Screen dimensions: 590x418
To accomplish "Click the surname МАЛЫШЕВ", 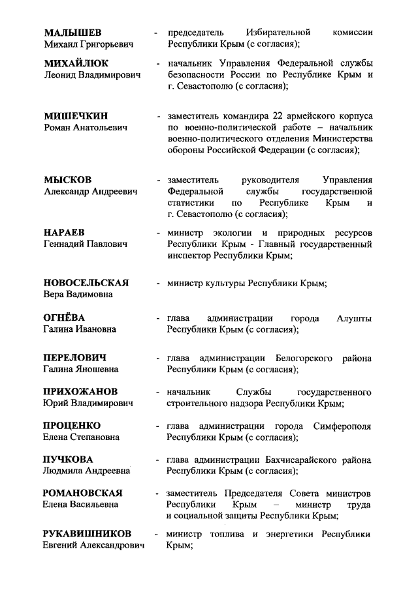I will (72, 32).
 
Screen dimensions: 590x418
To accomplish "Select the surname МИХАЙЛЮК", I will (76, 63).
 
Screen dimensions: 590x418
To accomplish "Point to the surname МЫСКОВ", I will (67, 179).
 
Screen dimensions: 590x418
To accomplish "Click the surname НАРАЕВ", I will (65, 232).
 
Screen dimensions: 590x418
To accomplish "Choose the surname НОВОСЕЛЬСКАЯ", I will (86, 282).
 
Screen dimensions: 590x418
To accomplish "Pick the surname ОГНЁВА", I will (64, 317).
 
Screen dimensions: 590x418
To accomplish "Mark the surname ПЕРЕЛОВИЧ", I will (74, 358).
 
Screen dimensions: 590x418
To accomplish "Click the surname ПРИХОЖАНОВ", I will (80, 392).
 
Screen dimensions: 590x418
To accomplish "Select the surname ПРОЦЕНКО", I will (72, 426).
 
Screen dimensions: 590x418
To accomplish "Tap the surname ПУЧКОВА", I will (68, 459).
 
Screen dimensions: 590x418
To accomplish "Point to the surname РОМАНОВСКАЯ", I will (83, 493).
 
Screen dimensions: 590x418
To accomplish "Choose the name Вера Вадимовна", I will (78, 295).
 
